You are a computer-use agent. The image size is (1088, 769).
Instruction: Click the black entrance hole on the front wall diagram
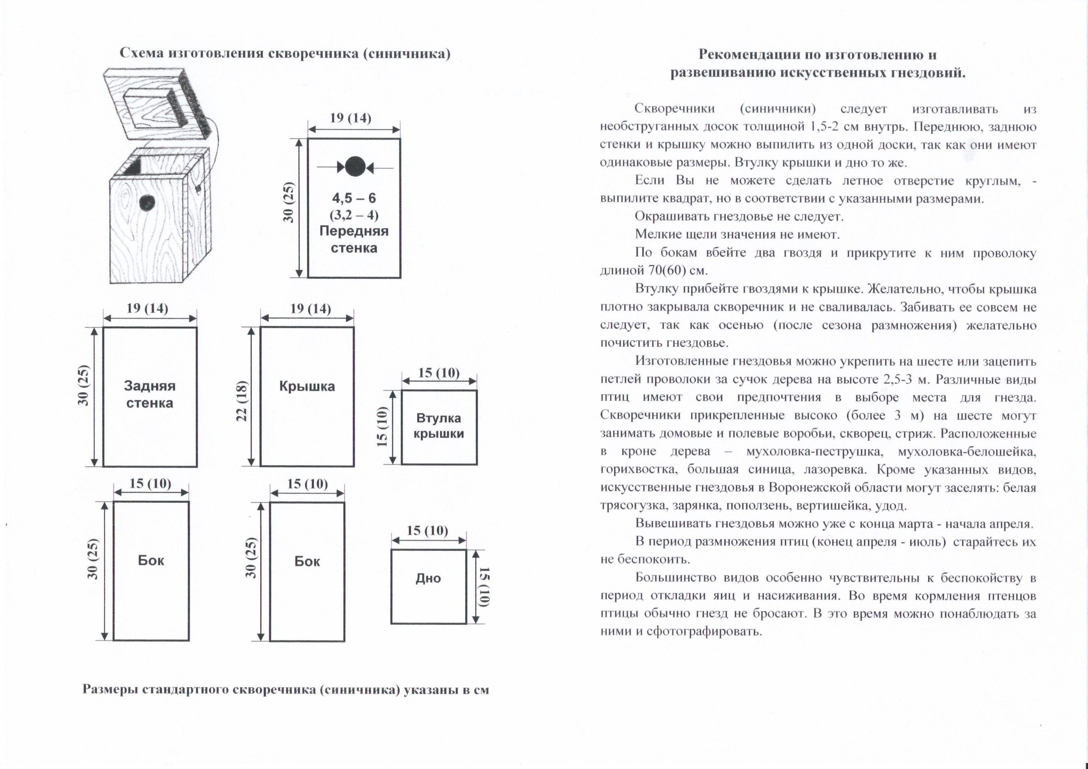354,167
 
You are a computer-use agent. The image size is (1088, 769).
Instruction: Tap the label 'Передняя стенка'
354,240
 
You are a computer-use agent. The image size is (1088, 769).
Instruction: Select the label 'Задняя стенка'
150,394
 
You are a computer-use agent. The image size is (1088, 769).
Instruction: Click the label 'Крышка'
307,386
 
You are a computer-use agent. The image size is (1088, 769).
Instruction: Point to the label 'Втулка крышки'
439,426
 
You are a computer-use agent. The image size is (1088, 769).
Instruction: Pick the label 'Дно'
428,578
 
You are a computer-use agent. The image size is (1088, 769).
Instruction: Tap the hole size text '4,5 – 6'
354,198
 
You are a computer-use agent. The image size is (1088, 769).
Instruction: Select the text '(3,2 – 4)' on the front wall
354,215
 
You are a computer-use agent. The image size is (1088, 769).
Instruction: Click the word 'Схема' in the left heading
140,54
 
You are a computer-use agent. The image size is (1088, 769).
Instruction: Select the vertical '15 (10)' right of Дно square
483,586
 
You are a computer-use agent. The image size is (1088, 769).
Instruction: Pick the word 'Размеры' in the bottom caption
110,690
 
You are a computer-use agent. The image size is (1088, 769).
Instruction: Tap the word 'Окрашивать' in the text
669,217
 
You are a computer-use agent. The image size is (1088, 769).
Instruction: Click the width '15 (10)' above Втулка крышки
439,372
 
